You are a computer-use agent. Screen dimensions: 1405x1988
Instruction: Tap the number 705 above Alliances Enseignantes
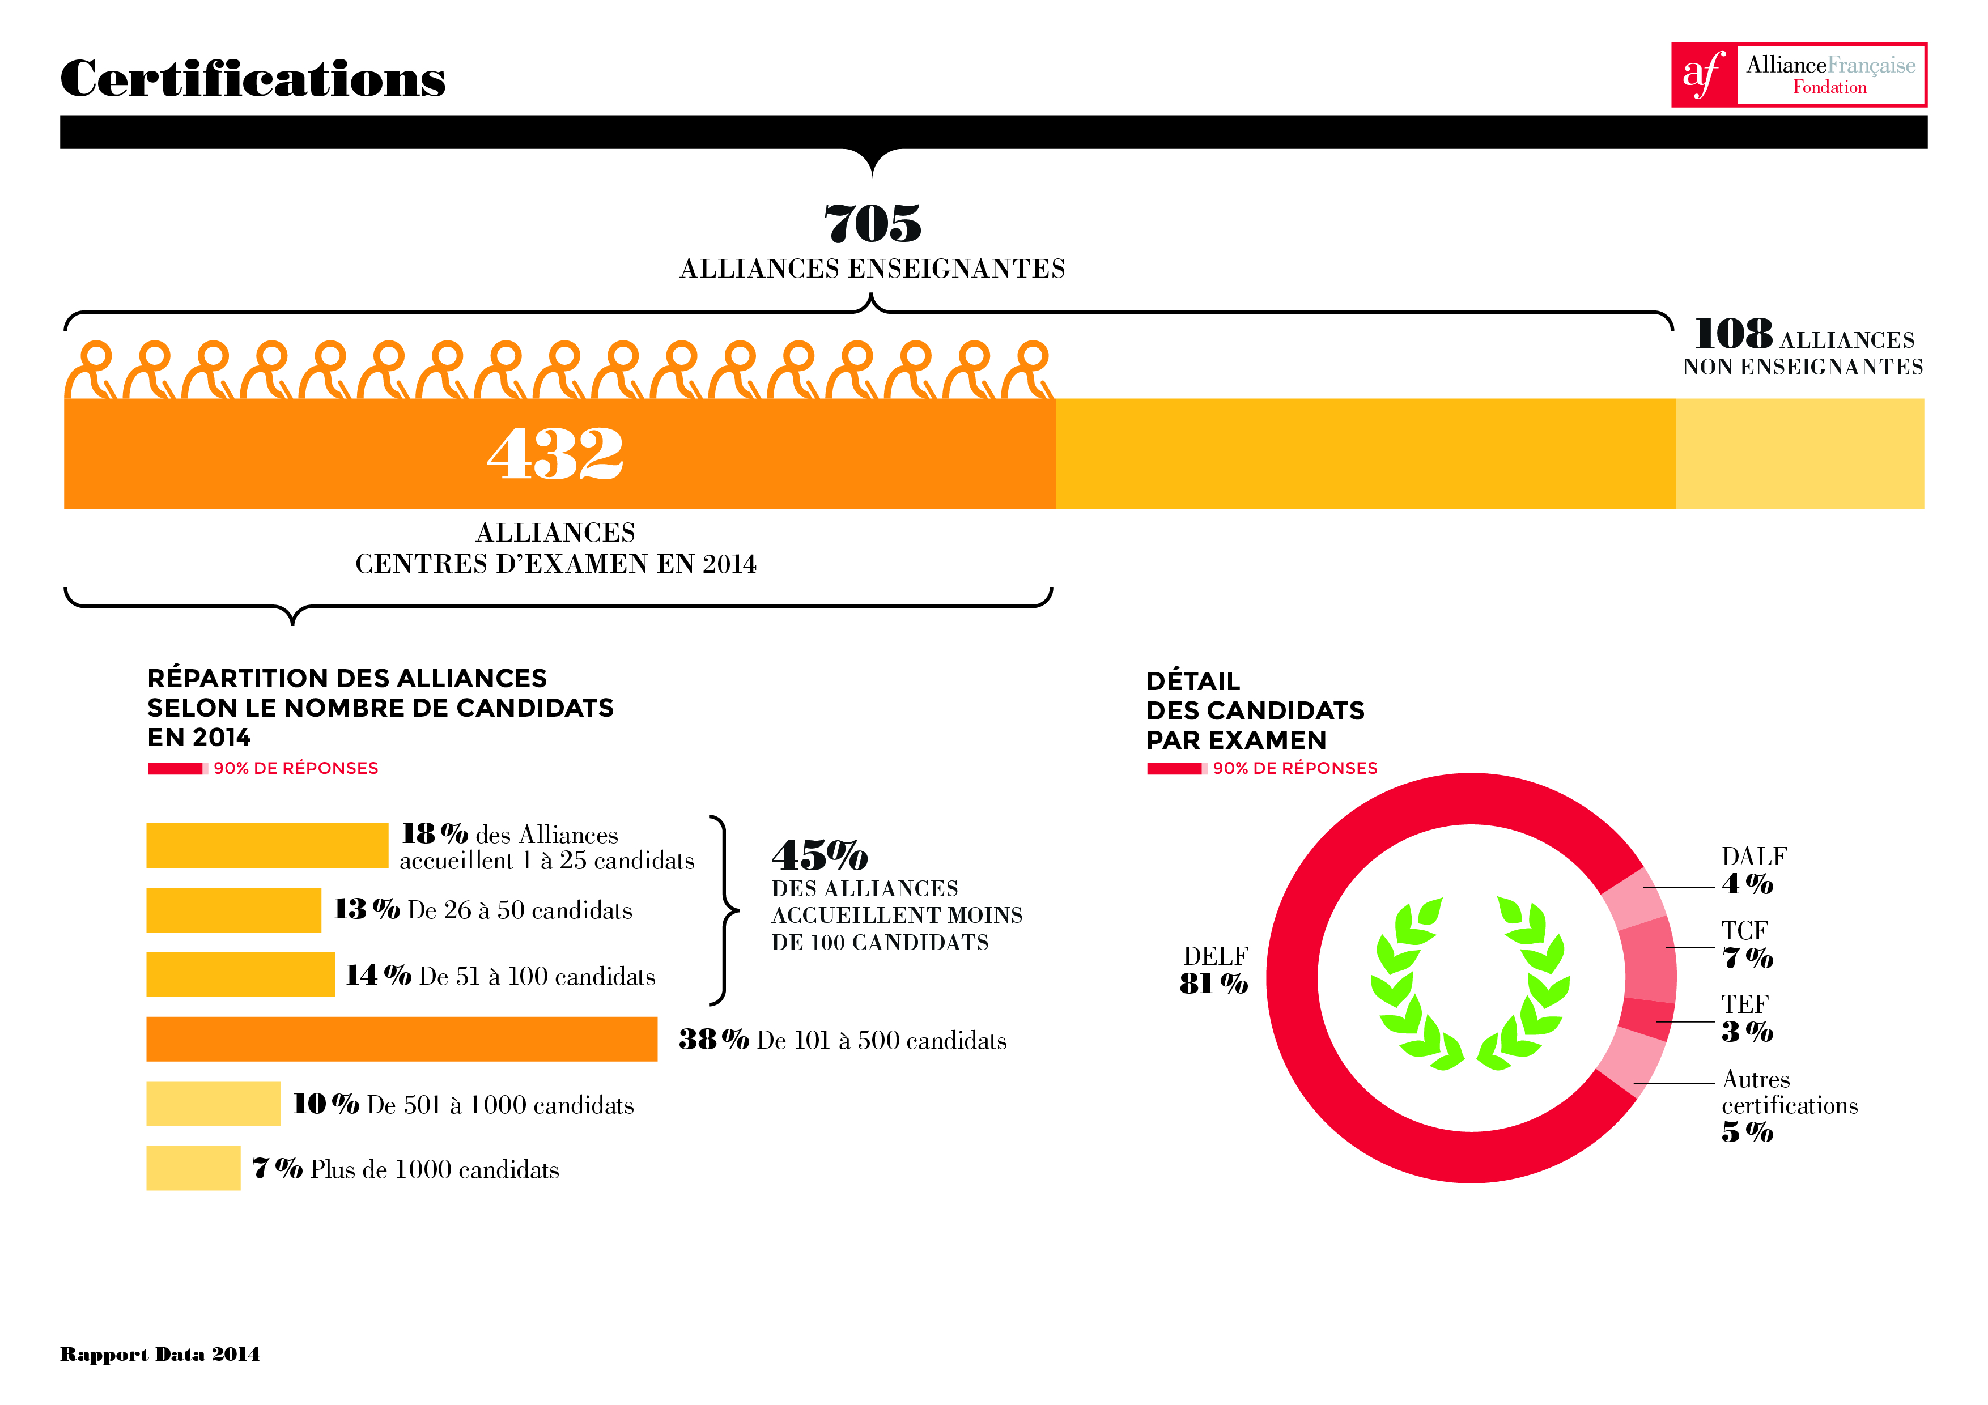pyautogui.click(x=872, y=223)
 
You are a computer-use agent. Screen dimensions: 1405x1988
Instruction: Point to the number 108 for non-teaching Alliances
pyautogui.click(x=1732, y=334)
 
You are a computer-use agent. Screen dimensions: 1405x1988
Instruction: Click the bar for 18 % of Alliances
pyautogui.click(x=267, y=845)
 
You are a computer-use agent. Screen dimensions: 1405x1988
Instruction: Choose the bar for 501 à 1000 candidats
pyautogui.click(x=213, y=1104)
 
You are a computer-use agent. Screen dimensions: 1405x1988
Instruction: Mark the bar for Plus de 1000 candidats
pyautogui.click(x=193, y=1168)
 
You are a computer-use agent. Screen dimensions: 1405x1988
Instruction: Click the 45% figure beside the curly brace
pyautogui.click(x=819, y=855)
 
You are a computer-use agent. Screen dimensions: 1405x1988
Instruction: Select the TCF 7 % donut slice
pyautogui.click(x=1648, y=959)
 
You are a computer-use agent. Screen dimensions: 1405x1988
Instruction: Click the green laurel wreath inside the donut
pyautogui.click(x=1470, y=983)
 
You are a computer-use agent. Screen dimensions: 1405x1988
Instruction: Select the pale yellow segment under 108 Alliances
pyautogui.click(x=1799, y=454)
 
